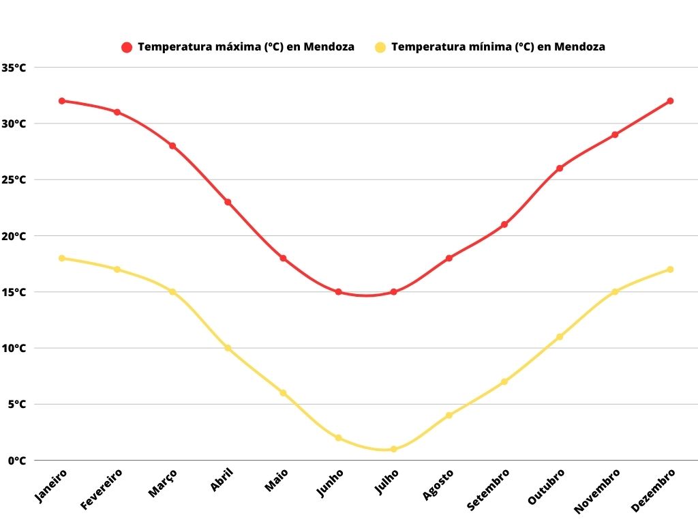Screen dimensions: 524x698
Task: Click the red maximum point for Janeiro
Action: pos(62,101)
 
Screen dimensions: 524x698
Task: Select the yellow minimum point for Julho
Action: pos(394,449)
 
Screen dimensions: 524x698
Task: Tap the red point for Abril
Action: pos(228,202)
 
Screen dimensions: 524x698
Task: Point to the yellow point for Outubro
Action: pos(560,337)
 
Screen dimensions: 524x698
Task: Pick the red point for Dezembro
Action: pos(670,101)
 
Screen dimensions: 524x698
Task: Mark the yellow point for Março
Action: pos(172,292)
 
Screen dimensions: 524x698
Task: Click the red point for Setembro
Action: pos(504,224)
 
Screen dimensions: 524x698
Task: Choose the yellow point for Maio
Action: pos(283,393)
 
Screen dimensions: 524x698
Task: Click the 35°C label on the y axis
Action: pos(14,68)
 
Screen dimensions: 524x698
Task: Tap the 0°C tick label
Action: pos(16,461)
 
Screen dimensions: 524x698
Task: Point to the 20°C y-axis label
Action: pos(14,236)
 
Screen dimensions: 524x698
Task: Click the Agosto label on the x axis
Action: pos(438,484)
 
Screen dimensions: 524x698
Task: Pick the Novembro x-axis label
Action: pos(598,490)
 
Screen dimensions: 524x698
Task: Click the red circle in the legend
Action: pos(127,47)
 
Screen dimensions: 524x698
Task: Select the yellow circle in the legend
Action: pos(380,47)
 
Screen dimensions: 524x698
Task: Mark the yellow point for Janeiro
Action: pos(62,258)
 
